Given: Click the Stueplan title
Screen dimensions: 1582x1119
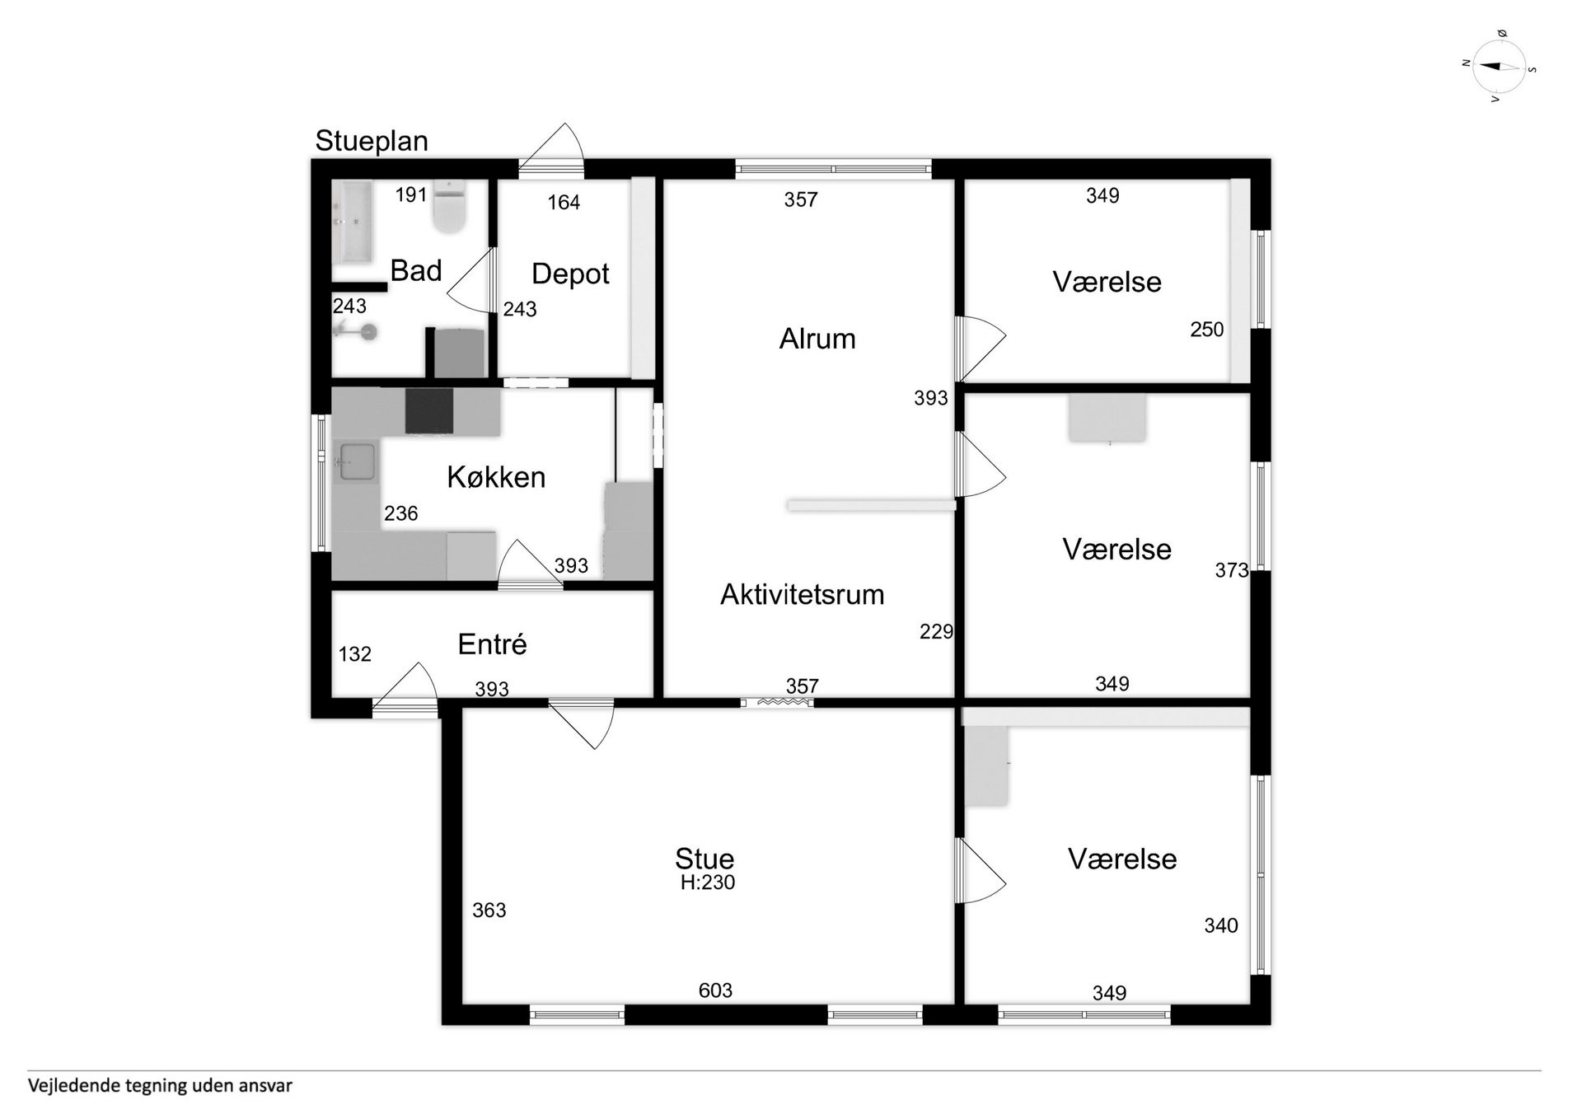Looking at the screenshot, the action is [x=372, y=142].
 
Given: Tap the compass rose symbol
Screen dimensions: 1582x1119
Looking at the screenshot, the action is [x=1500, y=67].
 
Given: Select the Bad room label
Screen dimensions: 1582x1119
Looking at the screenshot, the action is [x=416, y=270].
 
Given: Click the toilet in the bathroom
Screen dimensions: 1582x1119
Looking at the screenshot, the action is [x=450, y=207].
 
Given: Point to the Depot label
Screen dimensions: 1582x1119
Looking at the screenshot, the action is [x=570, y=274].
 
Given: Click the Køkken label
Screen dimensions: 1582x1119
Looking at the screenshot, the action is [x=496, y=477].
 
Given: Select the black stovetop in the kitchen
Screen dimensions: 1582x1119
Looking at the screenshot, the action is [x=429, y=410].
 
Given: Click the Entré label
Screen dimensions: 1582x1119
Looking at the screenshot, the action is [x=492, y=644].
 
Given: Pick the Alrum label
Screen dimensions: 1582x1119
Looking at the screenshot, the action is [x=817, y=339].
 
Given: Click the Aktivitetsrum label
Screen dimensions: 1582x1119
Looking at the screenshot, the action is [x=802, y=594].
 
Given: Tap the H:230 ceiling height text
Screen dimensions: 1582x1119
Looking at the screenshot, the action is [x=708, y=883].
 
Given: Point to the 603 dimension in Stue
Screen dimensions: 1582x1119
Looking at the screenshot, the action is [x=715, y=990].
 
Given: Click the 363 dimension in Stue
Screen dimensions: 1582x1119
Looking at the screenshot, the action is [x=489, y=911].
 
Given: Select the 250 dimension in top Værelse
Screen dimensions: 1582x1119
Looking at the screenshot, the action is [x=1207, y=330].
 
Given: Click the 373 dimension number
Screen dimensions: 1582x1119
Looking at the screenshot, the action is [x=1232, y=570].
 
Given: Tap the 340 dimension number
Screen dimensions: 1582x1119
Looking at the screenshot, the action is [x=1221, y=926].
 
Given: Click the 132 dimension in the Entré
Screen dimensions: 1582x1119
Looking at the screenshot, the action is [x=355, y=654].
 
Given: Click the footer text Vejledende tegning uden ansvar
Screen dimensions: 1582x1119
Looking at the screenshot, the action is [x=160, y=1086].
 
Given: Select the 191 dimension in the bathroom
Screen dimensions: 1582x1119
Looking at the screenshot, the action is [x=411, y=195].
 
